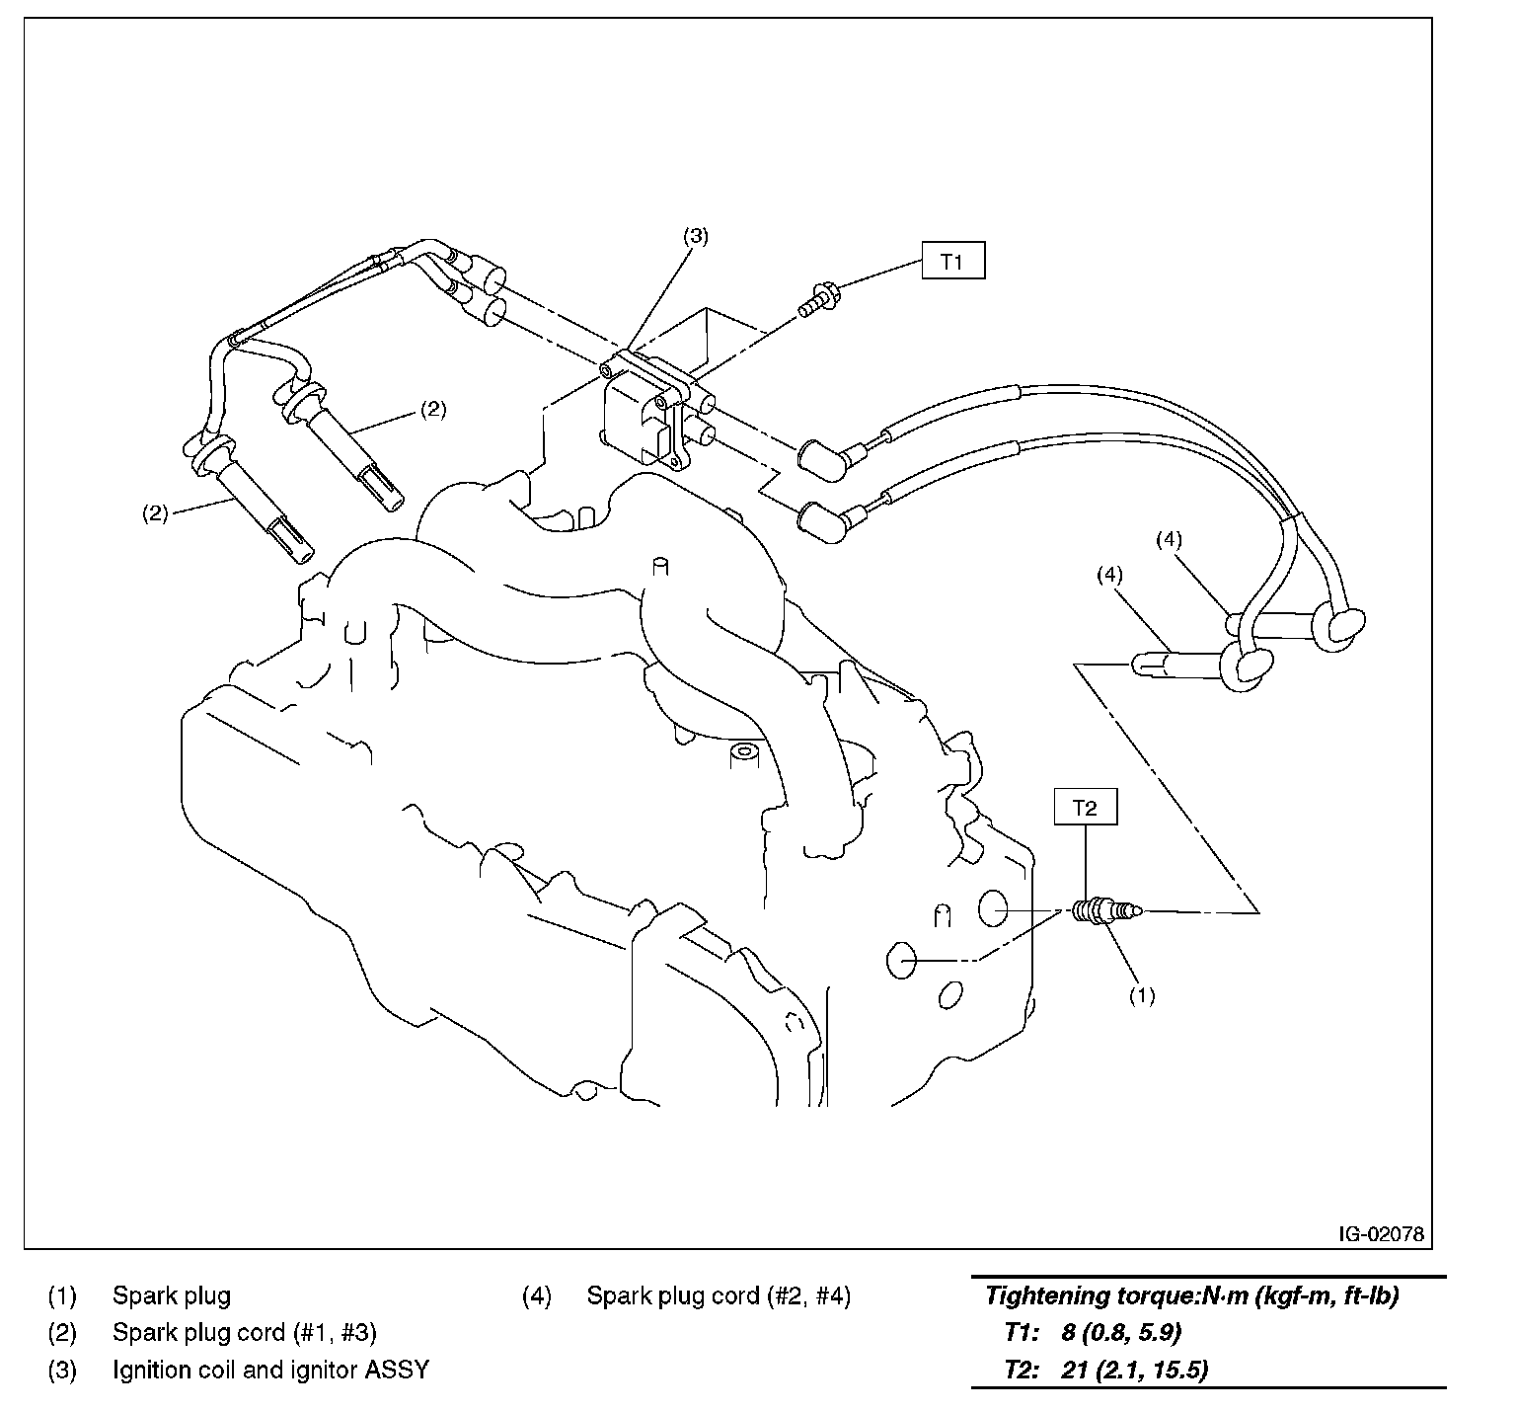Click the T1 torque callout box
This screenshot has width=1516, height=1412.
coord(952,262)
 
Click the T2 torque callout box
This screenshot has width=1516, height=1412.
coord(1085,808)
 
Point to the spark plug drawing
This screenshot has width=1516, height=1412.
coord(1105,910)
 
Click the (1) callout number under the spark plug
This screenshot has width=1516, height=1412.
coord(1142,995)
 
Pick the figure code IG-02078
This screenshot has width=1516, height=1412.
coord(1381,1234)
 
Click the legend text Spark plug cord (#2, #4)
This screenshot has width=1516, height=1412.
coord(718,1295)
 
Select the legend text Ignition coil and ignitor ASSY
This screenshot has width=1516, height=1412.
coord(270,1370)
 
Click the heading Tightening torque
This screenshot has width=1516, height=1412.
coord(1191,1295)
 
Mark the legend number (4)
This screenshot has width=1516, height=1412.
coord(536,1295)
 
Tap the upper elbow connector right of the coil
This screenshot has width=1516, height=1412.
coord(823,460)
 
